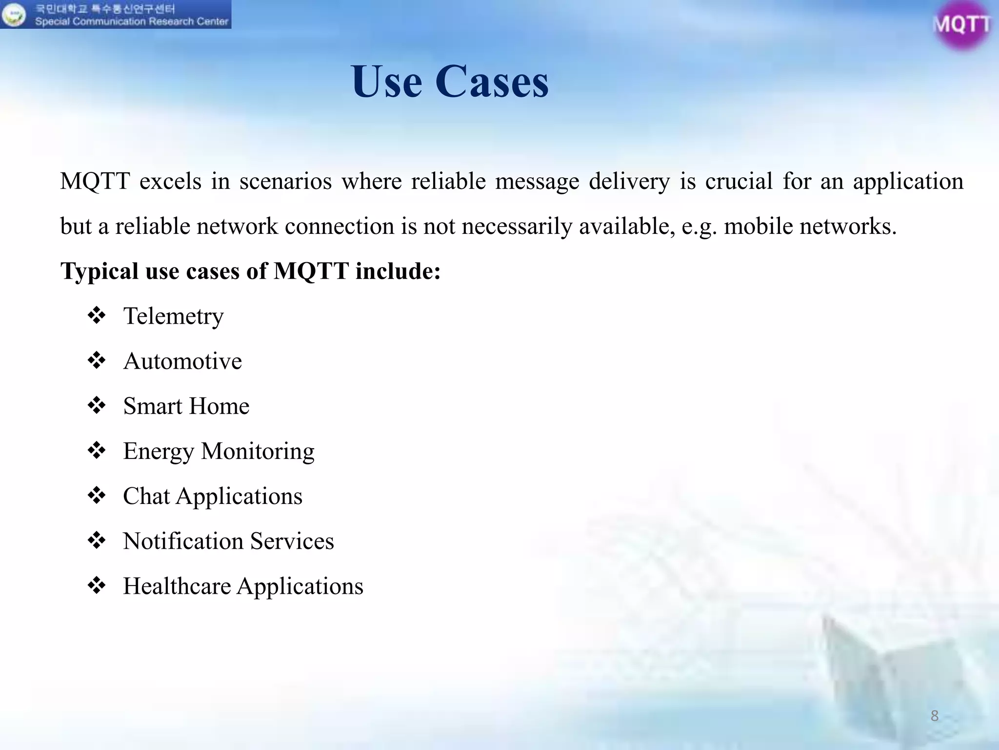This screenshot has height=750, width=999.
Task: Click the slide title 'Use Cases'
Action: [x=449, y=82]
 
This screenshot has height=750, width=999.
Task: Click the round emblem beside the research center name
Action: [x=14, y=15]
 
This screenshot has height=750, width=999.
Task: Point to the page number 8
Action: [x=934, y=716]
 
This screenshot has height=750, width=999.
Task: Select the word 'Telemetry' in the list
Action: [x=173, y=316]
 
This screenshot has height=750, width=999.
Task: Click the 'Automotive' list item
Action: [x=182, y=361]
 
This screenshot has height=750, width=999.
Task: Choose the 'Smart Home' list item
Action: [x=186, y=406]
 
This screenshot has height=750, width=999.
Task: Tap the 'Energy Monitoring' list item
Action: [x=219, y=451]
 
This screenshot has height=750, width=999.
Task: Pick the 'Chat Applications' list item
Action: [x=213, y=496]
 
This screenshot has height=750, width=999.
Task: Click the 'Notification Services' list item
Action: [x=228, y=541]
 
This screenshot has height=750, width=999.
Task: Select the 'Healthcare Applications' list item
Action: [x=243, y=586]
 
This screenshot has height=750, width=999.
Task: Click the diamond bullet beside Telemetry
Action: [x=97, y=315]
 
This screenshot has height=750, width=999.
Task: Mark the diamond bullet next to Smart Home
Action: [x=97, y=405]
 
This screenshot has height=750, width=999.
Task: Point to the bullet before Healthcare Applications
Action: [x=97, y=585]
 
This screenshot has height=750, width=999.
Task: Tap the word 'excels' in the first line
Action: [x=170, y=181]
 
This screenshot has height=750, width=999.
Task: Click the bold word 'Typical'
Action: [x=100, y=271]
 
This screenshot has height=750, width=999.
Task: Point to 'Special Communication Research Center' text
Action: [x=132, y=21]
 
